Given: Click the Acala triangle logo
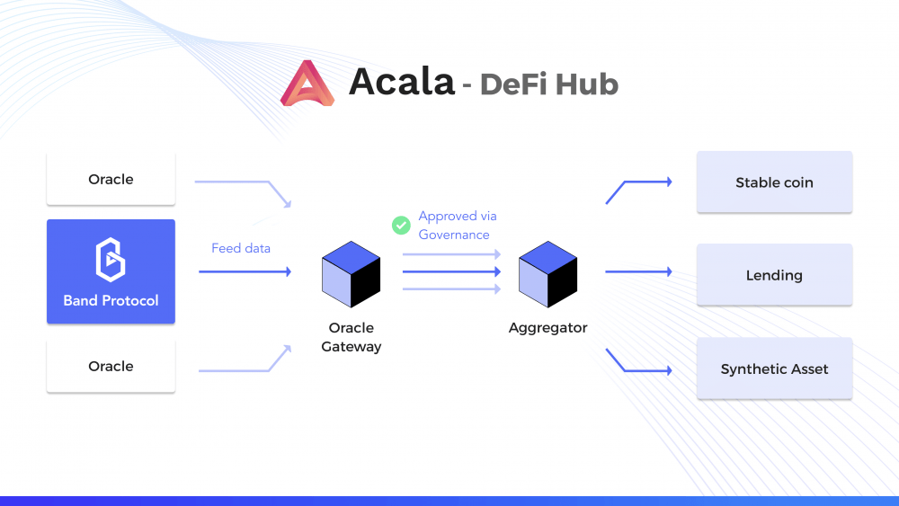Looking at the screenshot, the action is [307, 83].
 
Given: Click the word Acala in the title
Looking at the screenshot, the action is [401, 82].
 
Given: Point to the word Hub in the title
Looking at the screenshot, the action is [586, 84].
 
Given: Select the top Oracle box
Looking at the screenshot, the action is [111, 179].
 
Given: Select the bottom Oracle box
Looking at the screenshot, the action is [111, 366].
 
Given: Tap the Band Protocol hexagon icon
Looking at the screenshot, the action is [111, 260].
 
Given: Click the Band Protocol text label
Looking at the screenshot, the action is [111, 300].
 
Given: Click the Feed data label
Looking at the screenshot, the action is [241, 248].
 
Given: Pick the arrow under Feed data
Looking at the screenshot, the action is [245, 271].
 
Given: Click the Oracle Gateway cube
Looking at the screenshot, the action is [351, 274].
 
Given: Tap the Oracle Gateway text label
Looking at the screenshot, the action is [351, 337].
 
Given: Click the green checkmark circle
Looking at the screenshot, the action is [401, 226].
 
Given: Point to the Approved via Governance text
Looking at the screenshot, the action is [458, 226].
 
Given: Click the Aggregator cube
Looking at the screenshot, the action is [547, 274].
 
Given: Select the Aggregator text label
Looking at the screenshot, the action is [547, 328].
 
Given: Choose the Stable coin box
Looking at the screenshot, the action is [775, 182].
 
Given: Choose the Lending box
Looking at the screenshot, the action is [775, 275].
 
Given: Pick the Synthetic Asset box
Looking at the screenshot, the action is [775, 368].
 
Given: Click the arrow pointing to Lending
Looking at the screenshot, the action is [638, 271].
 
